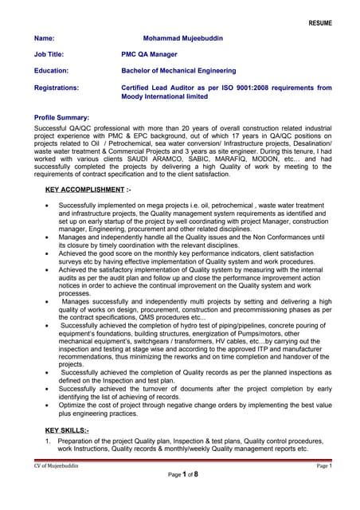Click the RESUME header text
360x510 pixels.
tap(320, 23)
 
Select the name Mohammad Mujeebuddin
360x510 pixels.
tap(184, 37)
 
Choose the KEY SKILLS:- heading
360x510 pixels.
tap(68, 430)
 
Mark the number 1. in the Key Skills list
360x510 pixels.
tap(49, 441)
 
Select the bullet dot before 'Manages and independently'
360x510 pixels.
tap(49, 237)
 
